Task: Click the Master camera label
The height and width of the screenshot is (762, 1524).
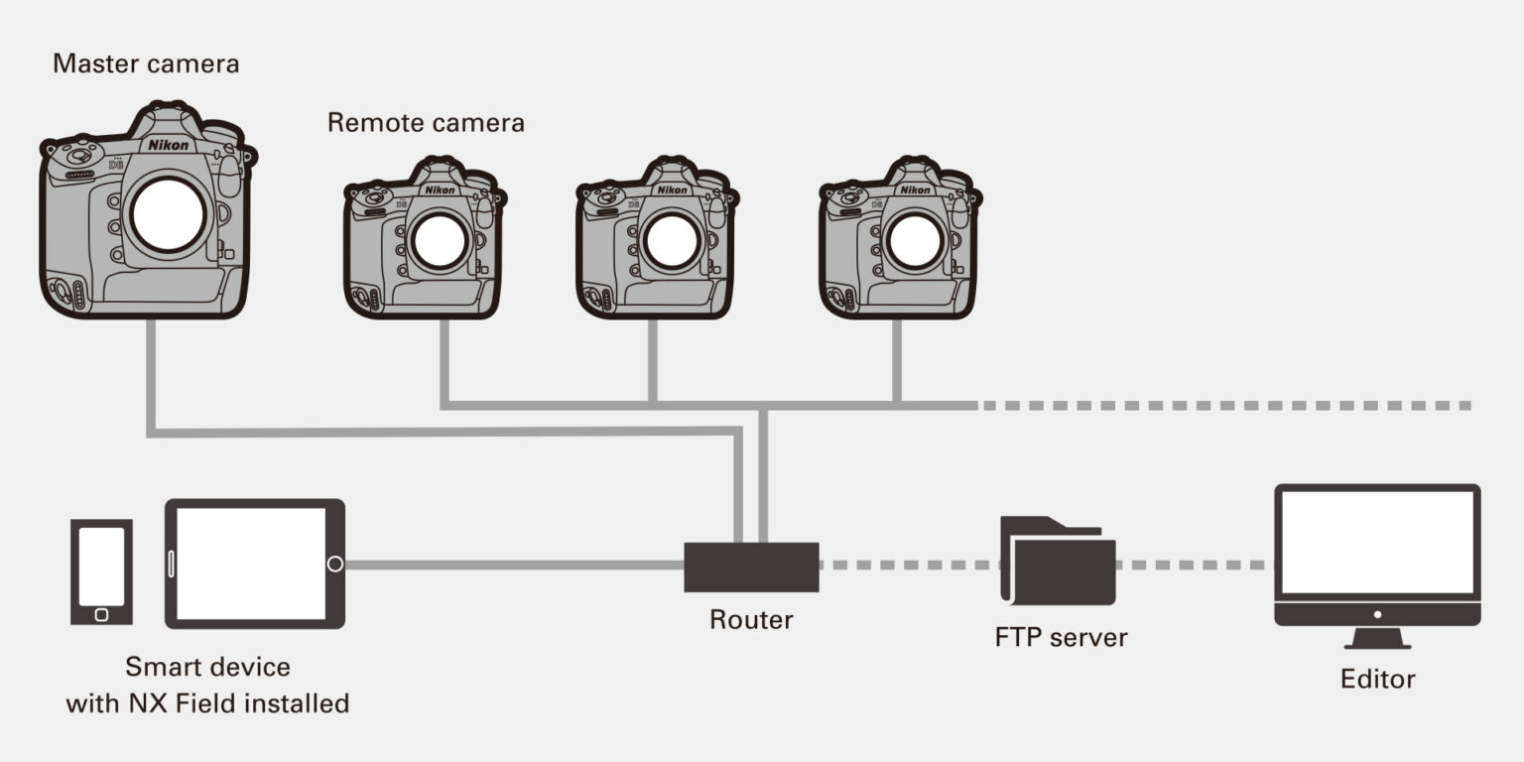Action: tap(146, 64)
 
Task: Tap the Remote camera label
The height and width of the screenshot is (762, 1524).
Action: tap(426, 123)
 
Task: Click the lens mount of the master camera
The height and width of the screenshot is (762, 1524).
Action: tap(169, 214)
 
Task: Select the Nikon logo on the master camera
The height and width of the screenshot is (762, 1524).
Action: tap(168, 145)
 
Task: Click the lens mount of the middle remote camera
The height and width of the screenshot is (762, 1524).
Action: tap(673, 240)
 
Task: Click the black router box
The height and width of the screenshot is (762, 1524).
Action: tap(751, 567)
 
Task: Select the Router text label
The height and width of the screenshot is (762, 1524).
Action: tap(751, 620)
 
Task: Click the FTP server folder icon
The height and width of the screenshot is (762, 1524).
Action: tap(1058, 562)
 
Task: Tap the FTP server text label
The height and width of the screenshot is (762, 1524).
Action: tap(1061, 637)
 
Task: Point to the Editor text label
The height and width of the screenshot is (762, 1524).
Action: tap(1377, 680)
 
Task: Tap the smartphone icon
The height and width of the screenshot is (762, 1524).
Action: tap(101, 571)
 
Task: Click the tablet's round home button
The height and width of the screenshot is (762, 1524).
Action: tap(335, 565)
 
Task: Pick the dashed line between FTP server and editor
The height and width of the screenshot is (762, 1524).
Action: tap(1195, 565)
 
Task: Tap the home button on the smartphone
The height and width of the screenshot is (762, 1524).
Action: tap(101, 614)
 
